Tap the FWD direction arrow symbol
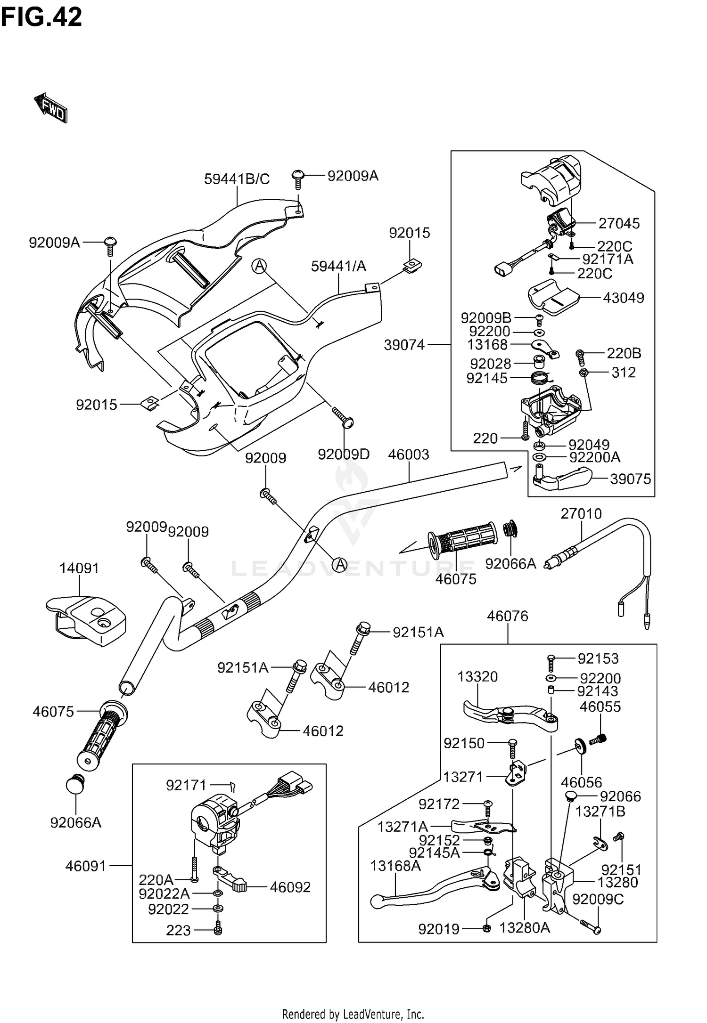point(51,108)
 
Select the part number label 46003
point(409,455)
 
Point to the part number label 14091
point(79,568)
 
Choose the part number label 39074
point(404,345)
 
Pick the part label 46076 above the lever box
point(508,616)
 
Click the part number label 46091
point(86,866)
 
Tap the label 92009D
point(344,454)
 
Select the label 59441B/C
point(237,179)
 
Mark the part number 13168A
point(395,866)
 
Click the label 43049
point(624,298)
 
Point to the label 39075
point(630,479)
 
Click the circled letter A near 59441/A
point(259,266)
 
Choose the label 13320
point(477,677)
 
